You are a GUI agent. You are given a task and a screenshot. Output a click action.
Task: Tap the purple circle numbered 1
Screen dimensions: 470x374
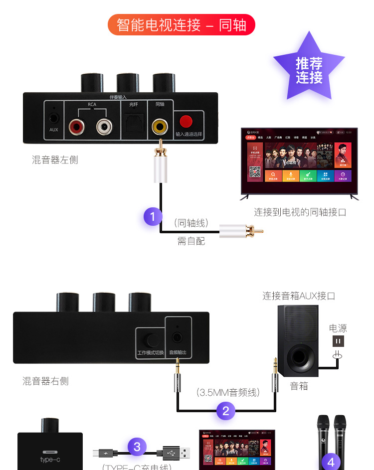pos(153,216)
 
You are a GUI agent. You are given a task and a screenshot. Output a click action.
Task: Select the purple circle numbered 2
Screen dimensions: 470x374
pos(225,411)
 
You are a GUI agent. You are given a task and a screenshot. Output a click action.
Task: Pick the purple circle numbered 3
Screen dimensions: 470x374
pos(137,446)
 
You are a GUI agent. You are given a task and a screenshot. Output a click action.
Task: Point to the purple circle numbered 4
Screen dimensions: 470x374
pos(331,462)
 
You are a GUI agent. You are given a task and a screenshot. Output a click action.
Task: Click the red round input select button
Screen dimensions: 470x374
pos(186,121)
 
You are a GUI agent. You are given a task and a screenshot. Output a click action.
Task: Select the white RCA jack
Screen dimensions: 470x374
pos(104,126)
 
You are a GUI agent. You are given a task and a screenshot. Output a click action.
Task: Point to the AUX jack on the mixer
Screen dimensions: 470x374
pos(54,119)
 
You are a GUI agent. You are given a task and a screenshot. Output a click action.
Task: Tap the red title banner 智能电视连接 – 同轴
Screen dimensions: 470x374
pos(182,25)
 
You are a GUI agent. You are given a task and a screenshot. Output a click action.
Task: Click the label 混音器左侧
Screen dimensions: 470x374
pos(55,160)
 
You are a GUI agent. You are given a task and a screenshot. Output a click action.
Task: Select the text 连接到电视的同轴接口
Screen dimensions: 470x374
pos(300,212)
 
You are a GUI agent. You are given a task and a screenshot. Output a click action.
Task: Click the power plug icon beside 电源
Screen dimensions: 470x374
pos(339,341)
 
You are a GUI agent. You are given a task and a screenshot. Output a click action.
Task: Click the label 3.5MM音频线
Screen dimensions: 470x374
pos(227,392)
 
